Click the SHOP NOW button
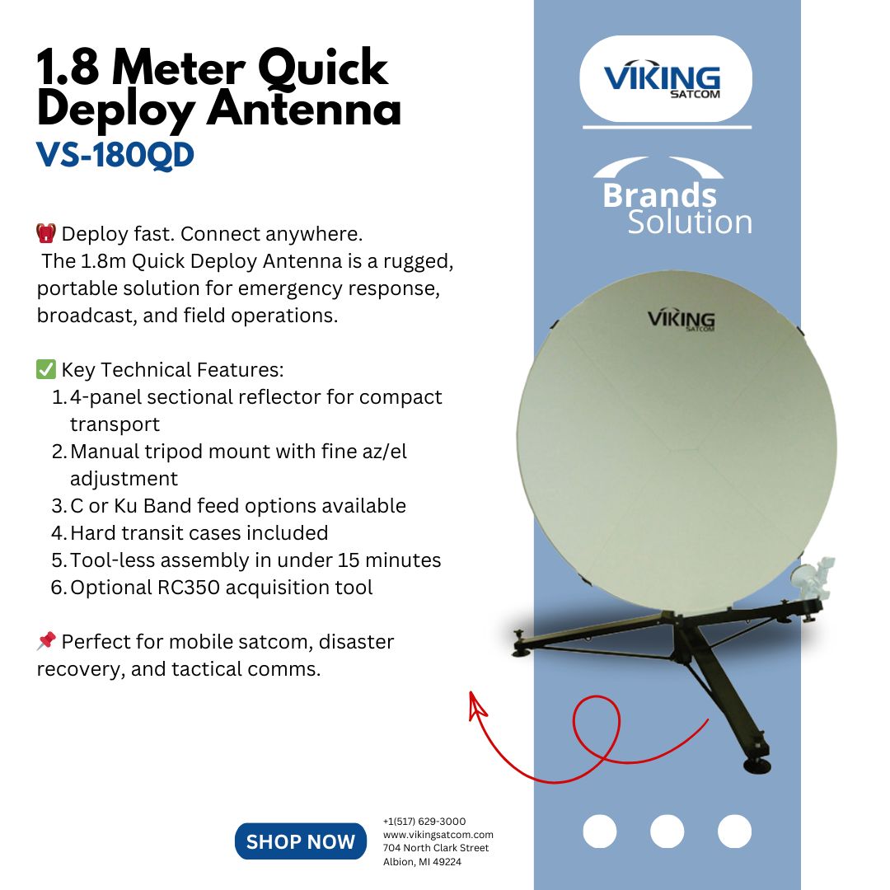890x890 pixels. point(300,841)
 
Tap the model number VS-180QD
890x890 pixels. point(115,155)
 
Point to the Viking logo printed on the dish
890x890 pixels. point(681,320)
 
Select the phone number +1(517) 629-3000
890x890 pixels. point(424,822)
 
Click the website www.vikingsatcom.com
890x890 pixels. point(438,835)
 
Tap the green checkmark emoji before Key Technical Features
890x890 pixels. point(46,369)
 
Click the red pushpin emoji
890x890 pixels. point(46,641)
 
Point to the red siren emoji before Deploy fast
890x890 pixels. point(46,233)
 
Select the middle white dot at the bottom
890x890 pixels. point(667,831)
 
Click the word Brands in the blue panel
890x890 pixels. point(659,196)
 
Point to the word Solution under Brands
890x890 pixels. point(689,222)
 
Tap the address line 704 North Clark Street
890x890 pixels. point(436,848)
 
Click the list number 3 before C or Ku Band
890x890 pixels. point(58,506)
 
